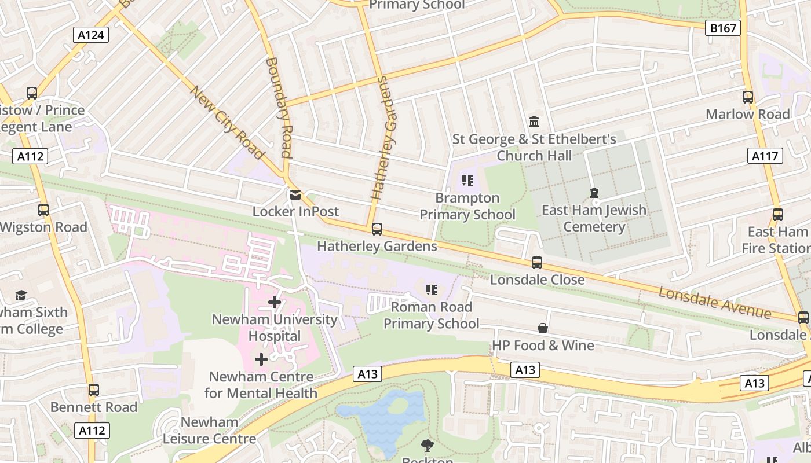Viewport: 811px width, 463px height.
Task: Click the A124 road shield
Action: tap(91, 35)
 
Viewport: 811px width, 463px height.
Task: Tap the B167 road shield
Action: tap(722, 27)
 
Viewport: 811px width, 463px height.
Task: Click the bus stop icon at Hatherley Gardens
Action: tap(377, 229)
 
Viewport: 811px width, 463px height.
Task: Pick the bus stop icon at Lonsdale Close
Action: tap(537, 263)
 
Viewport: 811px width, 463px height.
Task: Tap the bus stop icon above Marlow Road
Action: tap(748, 97)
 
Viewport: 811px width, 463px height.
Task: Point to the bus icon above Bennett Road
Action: tap(94, 390)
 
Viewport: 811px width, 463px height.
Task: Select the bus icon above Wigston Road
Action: tap(43, 210)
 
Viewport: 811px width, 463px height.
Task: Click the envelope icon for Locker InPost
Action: tap(295, 194)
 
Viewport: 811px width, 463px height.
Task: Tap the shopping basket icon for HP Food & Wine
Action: tap(543, 328)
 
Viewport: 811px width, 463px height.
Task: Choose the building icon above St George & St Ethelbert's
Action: tap(534, 122)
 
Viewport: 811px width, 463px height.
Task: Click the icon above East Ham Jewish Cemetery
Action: tap(594, 192)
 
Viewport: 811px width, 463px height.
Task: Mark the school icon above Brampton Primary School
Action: tap(467, 181)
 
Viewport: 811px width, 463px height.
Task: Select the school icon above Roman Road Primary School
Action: tap(431, 289)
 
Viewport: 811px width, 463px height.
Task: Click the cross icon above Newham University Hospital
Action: tap(275, 302)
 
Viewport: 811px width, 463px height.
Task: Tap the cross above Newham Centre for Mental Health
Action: tap(261, 359)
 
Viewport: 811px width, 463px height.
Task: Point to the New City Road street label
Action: tap(227, 122)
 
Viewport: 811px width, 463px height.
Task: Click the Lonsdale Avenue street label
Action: tap(715, 302)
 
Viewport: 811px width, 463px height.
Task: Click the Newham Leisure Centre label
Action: tap(209, 431)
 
